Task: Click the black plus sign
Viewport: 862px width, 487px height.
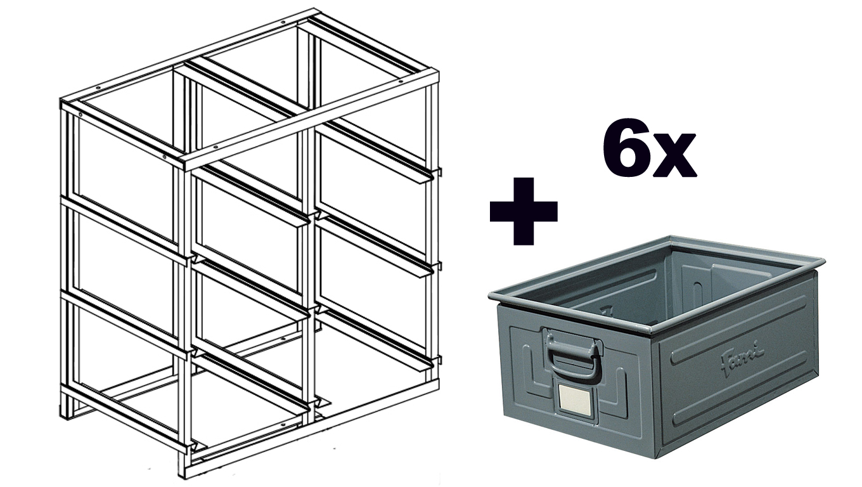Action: click(x=524, y=211)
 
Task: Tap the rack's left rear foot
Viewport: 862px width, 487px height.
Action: click(x=66, y=411)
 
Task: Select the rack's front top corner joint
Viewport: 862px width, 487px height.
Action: click(x=184, y=163)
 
